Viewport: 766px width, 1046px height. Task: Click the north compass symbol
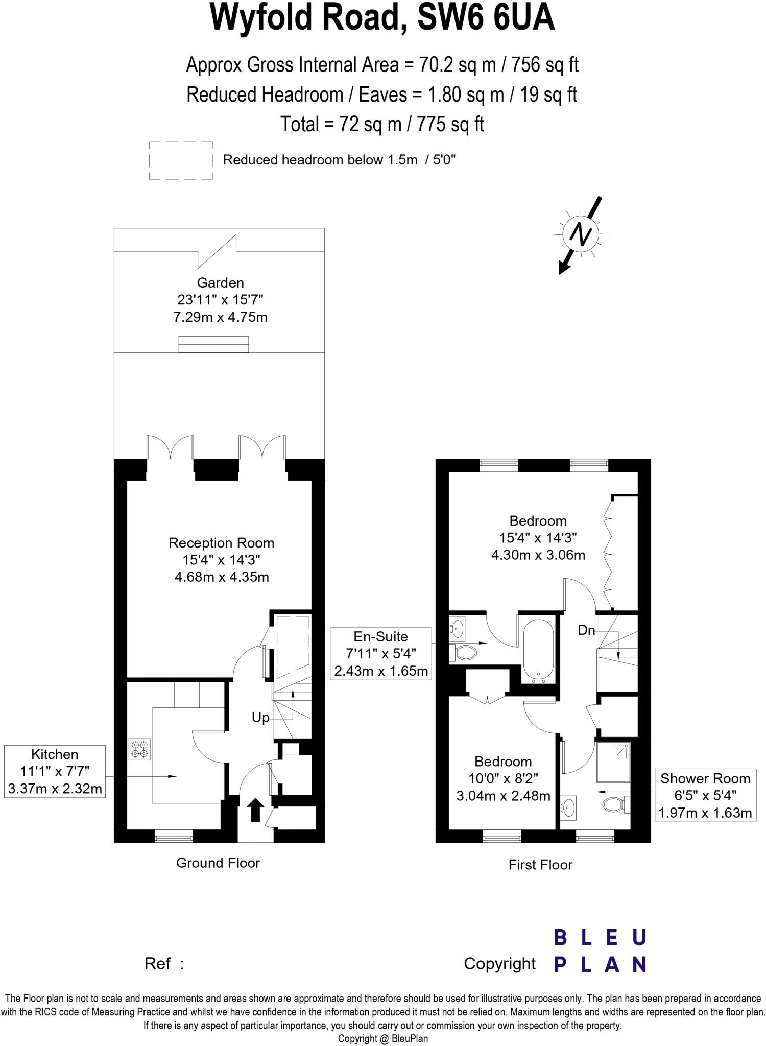580,234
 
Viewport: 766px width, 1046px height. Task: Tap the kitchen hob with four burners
140,749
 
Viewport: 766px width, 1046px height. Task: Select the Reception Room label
222,543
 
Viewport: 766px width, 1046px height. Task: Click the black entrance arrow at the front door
255,810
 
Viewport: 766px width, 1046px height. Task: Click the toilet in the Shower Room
615,805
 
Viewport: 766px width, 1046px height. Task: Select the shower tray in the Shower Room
613,762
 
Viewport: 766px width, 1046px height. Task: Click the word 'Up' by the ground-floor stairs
260,718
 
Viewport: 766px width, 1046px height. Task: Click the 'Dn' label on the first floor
586,630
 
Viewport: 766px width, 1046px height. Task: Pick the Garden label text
221,283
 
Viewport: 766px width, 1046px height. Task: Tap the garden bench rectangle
213,344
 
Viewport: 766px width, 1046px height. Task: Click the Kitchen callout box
55,771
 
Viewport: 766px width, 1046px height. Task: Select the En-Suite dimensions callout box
381,654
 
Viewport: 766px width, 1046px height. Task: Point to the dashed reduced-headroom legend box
181,161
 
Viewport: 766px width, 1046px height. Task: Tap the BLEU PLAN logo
600,951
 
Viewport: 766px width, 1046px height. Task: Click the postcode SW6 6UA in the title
486,18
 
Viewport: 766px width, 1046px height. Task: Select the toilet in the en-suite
464,652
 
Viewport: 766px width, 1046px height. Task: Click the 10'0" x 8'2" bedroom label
503,778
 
